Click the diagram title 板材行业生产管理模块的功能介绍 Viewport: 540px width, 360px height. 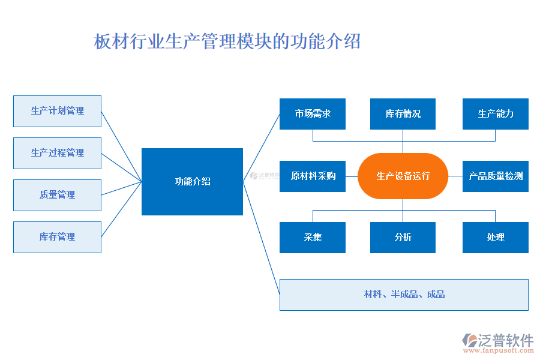click(x=227, y=42)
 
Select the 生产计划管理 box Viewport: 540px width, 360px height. click(x=57, y=111)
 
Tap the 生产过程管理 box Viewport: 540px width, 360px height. click(x=57, y=153)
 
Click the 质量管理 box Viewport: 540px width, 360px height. click(x=57, y=195)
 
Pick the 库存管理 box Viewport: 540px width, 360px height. click(x=57, y=237)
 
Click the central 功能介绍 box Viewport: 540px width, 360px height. click(x=192, y=181)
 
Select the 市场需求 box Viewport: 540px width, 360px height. click(x=312, y=114)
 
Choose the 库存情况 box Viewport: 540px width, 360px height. click(x=403, y=114)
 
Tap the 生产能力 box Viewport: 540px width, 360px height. click(x=495, y=114)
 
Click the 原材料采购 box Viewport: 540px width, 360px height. click(x=312, y=176)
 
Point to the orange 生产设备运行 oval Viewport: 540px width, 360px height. click(x=403, y=176)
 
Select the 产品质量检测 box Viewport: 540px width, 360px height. click(x=495, y=176)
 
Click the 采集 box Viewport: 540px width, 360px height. click(x=312, y=237)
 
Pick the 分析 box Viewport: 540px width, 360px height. click(x=403, y=237)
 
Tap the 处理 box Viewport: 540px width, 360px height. click(x=495, y=237)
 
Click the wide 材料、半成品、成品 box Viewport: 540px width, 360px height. click(x=404, y=295)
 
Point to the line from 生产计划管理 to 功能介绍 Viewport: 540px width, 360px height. click(x=122, y=146)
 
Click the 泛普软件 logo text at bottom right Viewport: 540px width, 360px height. click(x=505, y=340)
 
